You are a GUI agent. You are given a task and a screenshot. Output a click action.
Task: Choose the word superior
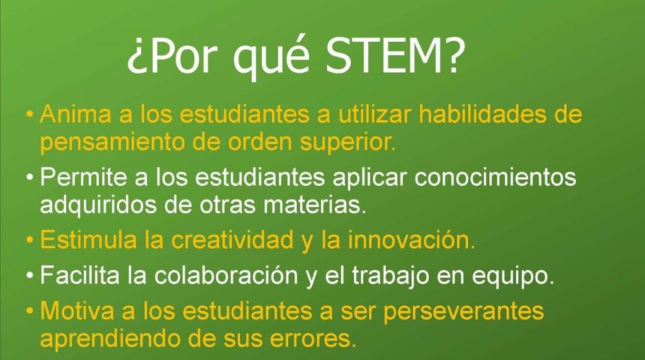pos(347,142)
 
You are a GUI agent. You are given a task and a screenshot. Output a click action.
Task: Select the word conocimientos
pos(495,177)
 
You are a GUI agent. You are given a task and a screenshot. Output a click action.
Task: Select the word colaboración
pos(226,274)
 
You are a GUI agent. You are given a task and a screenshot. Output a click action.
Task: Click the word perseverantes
pos(463,311)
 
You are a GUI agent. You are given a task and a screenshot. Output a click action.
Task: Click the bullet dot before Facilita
pos(29,275)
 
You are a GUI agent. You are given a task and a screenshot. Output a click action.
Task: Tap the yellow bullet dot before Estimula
pos(29,240)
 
